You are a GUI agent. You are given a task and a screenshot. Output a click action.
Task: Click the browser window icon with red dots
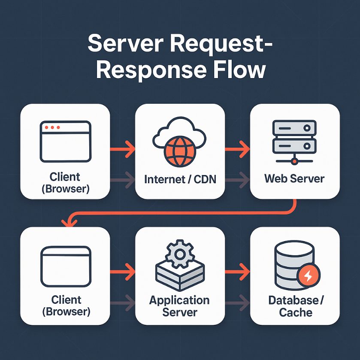coord(66,141)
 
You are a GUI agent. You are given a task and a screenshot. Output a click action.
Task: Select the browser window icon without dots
coord(66,265)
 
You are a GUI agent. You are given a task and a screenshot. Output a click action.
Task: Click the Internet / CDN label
coord(180,179)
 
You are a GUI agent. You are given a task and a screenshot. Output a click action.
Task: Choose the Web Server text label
coord(294,178)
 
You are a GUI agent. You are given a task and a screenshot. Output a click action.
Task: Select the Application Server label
coord(179,306)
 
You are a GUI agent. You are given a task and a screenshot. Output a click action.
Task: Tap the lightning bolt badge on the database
coord(308,277)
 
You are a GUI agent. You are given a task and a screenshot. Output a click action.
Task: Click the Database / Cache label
coord(295,306)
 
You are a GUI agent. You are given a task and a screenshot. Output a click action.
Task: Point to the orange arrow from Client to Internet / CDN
coord(123,150)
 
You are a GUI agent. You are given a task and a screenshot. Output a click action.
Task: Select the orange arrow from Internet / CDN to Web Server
coord(237,150)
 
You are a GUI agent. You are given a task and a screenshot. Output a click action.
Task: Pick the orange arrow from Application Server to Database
coord(237,272)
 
